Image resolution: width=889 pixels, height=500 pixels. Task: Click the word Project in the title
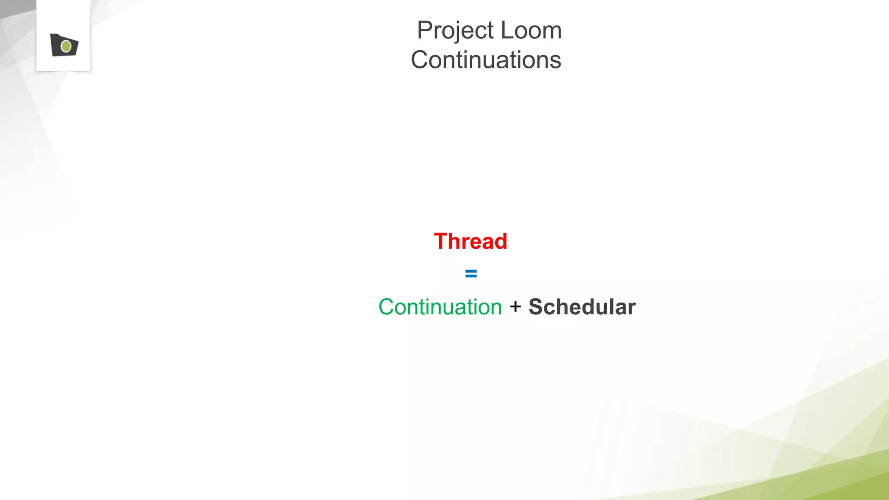pos(455,31)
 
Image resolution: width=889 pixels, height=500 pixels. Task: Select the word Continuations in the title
pos(486,60)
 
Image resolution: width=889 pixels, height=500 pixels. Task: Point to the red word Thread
pos(471,241)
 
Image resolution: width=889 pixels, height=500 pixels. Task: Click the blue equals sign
pos(471,273)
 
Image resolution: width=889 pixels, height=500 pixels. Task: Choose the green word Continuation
pos(440,307)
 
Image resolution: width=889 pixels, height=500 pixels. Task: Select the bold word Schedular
pos(582,307)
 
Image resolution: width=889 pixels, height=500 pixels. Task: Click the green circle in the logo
pos(66,46)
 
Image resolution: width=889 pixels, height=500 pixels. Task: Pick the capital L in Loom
pos(507,31)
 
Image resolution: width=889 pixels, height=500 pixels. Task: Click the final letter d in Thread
pos(500,241)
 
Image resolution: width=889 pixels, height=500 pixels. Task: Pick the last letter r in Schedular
pos(632,308)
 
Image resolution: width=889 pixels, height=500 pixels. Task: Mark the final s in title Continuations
pos(556,62)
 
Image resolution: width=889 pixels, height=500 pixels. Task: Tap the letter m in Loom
pos(552,33)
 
